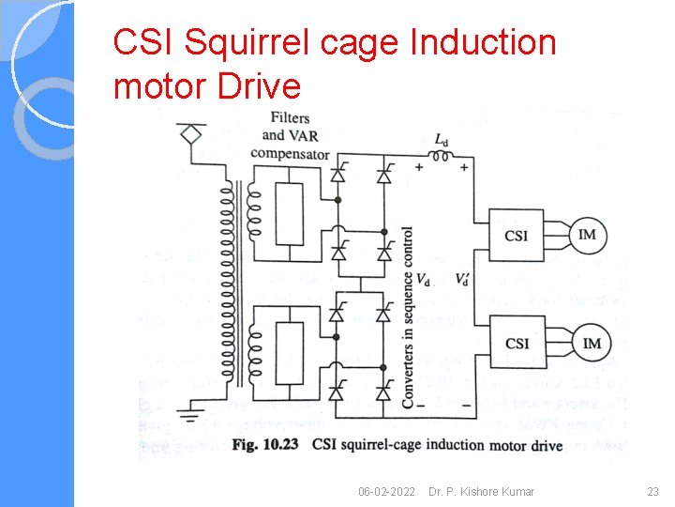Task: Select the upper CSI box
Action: pos(517,235)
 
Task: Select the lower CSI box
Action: pos(517,344)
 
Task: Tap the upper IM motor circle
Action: pos(588,235)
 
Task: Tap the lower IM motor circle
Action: pos(592,344)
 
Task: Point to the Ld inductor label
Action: pos(442,140)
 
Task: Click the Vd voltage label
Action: pos(424,280)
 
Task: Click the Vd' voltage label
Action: pos(463,280)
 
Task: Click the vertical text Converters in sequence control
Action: pos(408,315)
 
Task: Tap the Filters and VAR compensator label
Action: pos(291,136)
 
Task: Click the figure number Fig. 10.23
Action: pos(265,444)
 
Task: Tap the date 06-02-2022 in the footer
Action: pos(388,492)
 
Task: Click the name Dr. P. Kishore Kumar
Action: pos(481,492)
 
